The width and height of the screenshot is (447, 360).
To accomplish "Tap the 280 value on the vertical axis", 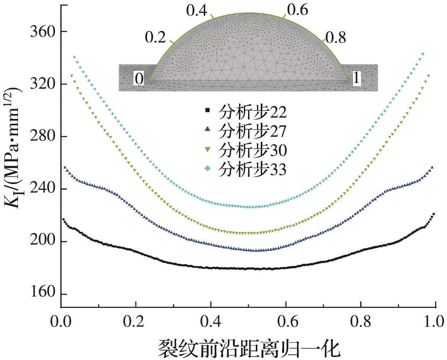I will [x=42, y=137].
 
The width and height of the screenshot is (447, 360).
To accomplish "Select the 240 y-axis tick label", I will [x=42, y=189].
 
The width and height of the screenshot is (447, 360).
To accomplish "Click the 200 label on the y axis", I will [x=42, y=241].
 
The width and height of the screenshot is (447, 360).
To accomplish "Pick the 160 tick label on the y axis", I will [x=42, y=294].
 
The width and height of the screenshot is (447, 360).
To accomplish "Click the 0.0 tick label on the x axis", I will [x=61, y=320].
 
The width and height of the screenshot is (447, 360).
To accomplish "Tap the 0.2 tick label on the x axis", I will [x=136, y=320].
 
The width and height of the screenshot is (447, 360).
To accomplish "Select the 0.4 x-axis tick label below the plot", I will [x=211, y=320].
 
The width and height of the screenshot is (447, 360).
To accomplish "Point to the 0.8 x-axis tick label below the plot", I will [x=360, y=320].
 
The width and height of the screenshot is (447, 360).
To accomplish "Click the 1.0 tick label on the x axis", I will [x=435, y=320].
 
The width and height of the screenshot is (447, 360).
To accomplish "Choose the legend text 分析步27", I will [x=252, y=131].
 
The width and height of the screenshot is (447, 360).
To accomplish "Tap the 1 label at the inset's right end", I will [x=356, y=79].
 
